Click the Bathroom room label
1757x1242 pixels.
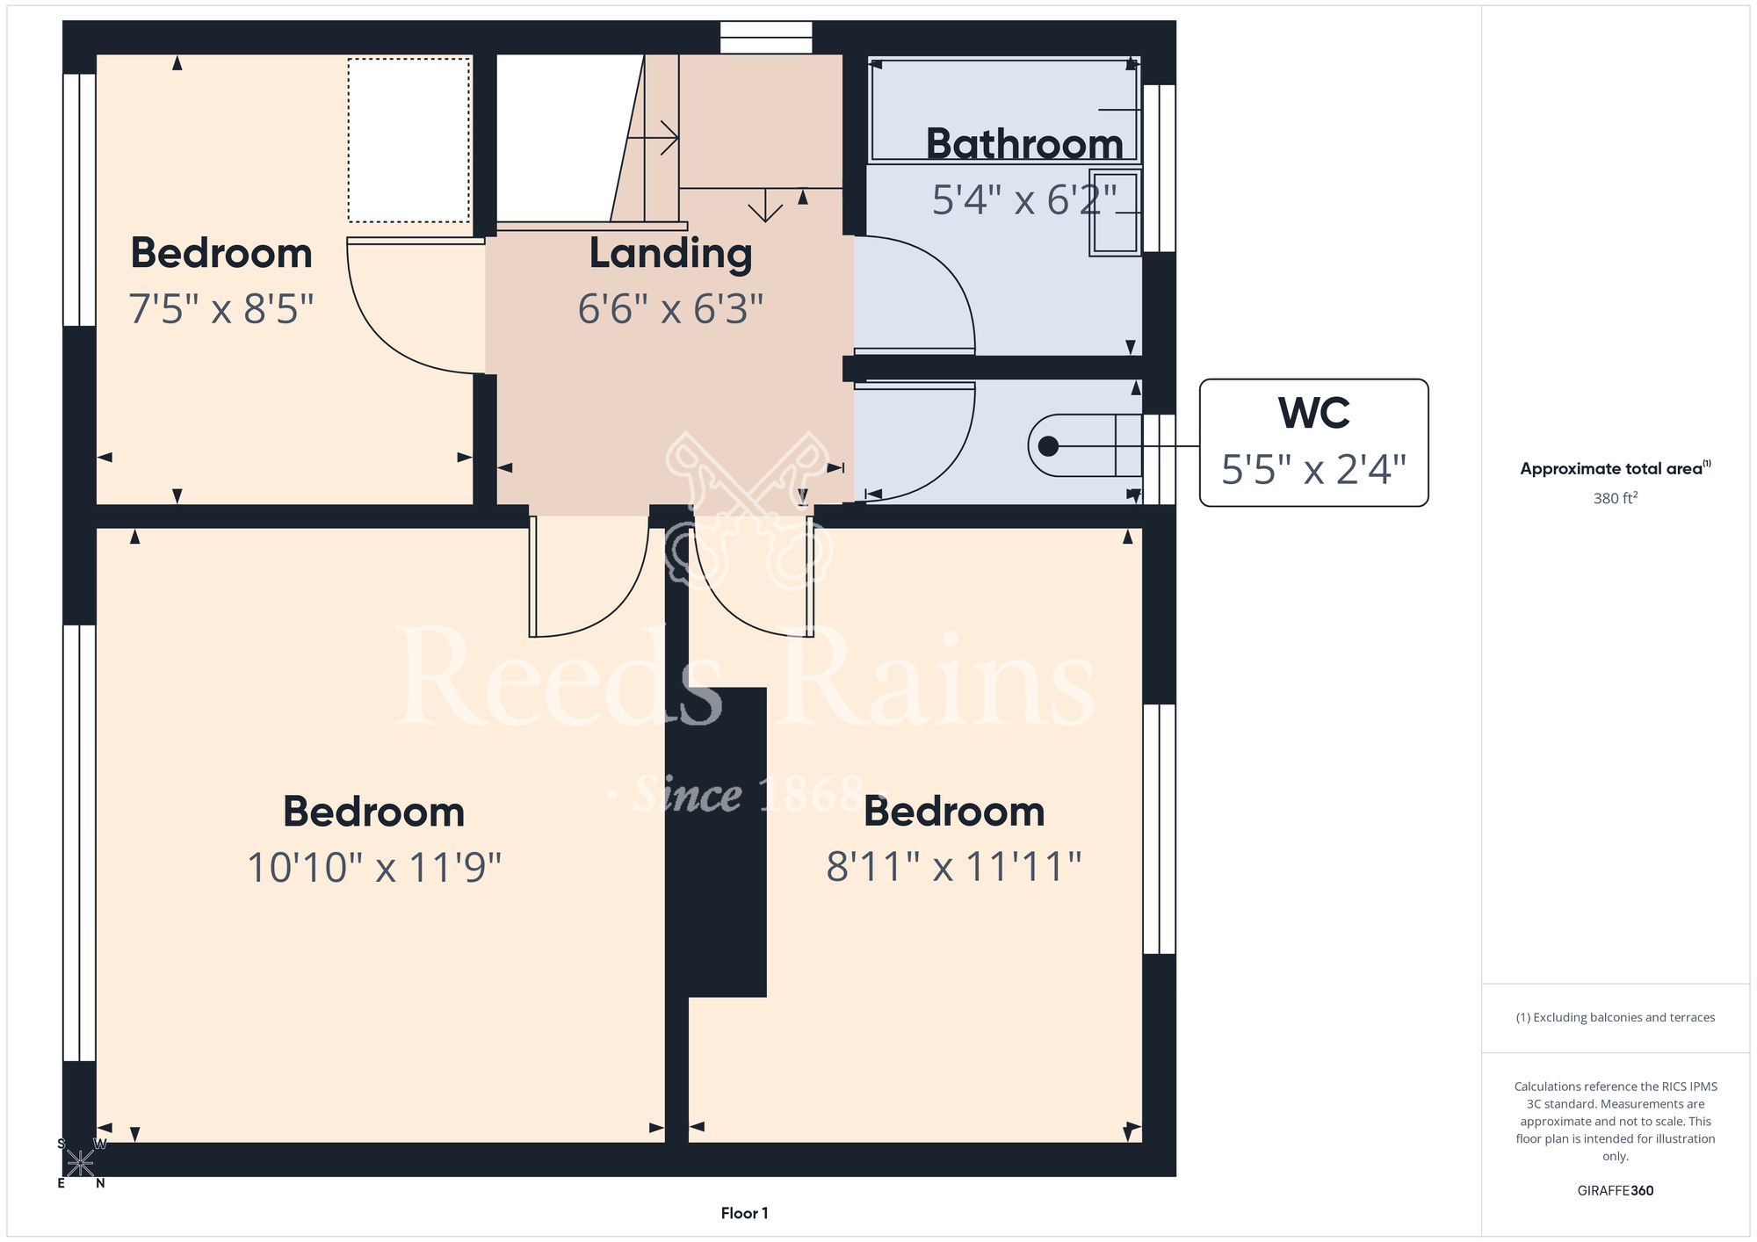[x=1024, y=144]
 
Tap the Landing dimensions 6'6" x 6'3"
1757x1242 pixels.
[x=670, y=309]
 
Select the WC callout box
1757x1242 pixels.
[x=1313, y=443]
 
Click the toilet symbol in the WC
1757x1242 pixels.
[x=1085, y=445]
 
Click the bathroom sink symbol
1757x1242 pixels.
[x=1116, y=213]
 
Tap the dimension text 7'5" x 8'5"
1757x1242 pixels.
[x=221, y=309]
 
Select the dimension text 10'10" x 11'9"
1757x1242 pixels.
[x=374, y=868]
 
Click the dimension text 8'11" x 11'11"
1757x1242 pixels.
[x=954, y=867]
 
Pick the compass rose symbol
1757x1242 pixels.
[x=81, y=1163]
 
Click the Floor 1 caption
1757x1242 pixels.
[x=744, y=1213]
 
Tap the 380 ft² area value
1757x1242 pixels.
[x=1616, y=498]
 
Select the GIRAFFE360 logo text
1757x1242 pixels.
[x=1616, y=1191]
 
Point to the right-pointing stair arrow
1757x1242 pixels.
[x=652, y=138]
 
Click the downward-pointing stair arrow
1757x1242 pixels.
[x=765, y=205]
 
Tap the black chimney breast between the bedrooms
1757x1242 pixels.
[x=727, y=841]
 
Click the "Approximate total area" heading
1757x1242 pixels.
[x=1616, y=468]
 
